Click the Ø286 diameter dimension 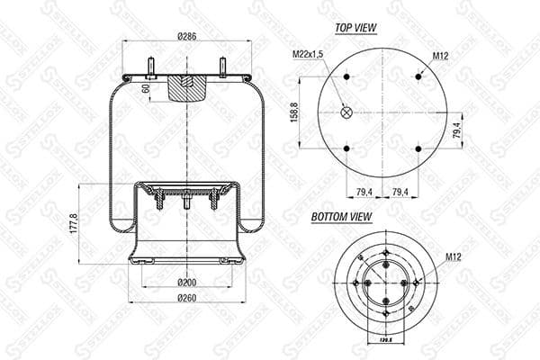(x=186, y=36)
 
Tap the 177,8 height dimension (x=74, y=222)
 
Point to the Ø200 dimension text (x=186, y=283)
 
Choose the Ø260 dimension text (x=186, y=299)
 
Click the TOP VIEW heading (x=355, y=28)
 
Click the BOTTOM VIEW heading (x=342, y=217)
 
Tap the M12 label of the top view (x=440, y=56)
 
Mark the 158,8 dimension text (x=296, y=112)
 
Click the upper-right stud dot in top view (x=418, y=76)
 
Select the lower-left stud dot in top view (x=347, y=148)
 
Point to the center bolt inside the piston (x=186, y=203)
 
